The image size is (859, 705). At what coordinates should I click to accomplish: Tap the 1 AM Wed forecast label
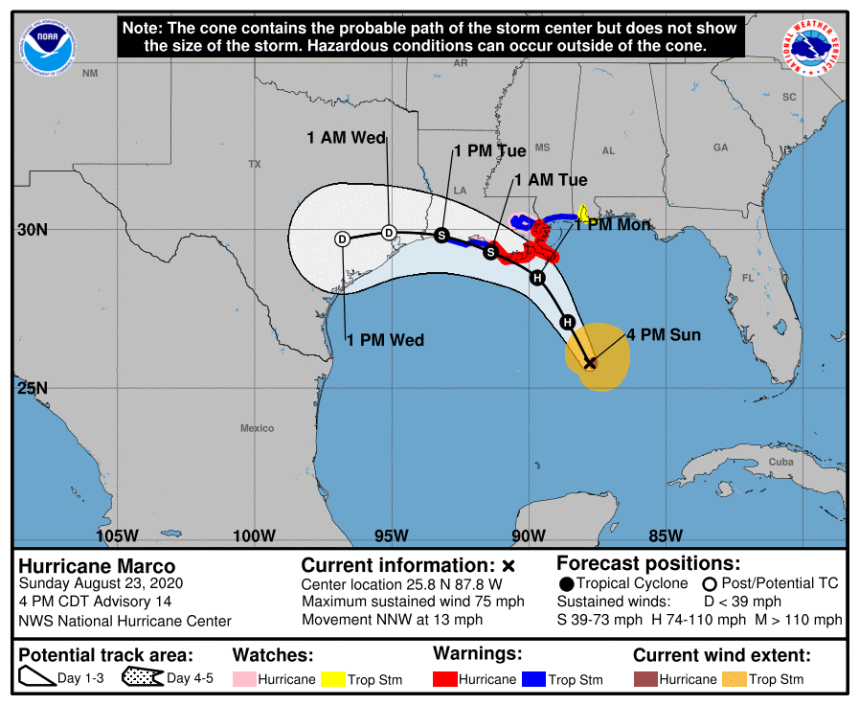(x=346, y=138)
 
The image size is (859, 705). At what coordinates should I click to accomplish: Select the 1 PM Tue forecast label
(x=489, y=151)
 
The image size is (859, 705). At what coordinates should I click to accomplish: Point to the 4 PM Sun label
(x=664, y=335)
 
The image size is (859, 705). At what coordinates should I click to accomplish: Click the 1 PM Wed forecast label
(x=385, y=340)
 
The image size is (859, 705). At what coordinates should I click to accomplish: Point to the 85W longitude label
(x=665, y=535)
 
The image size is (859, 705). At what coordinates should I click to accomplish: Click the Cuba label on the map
(x=781, y=463)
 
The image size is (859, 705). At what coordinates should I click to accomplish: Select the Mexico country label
(x=257, y=428)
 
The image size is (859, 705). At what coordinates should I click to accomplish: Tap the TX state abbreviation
(x=255, y=165)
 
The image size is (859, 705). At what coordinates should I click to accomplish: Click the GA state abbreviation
(x=720, y=148)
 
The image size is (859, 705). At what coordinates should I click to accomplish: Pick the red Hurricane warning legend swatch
(x=445, y=679)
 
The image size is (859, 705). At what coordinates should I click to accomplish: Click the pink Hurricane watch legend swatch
(x=245, y=679)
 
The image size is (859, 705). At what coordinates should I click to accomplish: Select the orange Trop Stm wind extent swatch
(x=735, y=679)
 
